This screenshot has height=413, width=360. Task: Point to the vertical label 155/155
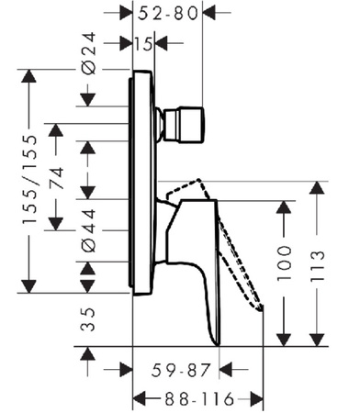point(30,182)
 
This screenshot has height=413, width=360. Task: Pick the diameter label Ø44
point(90,232)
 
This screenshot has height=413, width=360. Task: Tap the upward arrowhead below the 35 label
point(88,355)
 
